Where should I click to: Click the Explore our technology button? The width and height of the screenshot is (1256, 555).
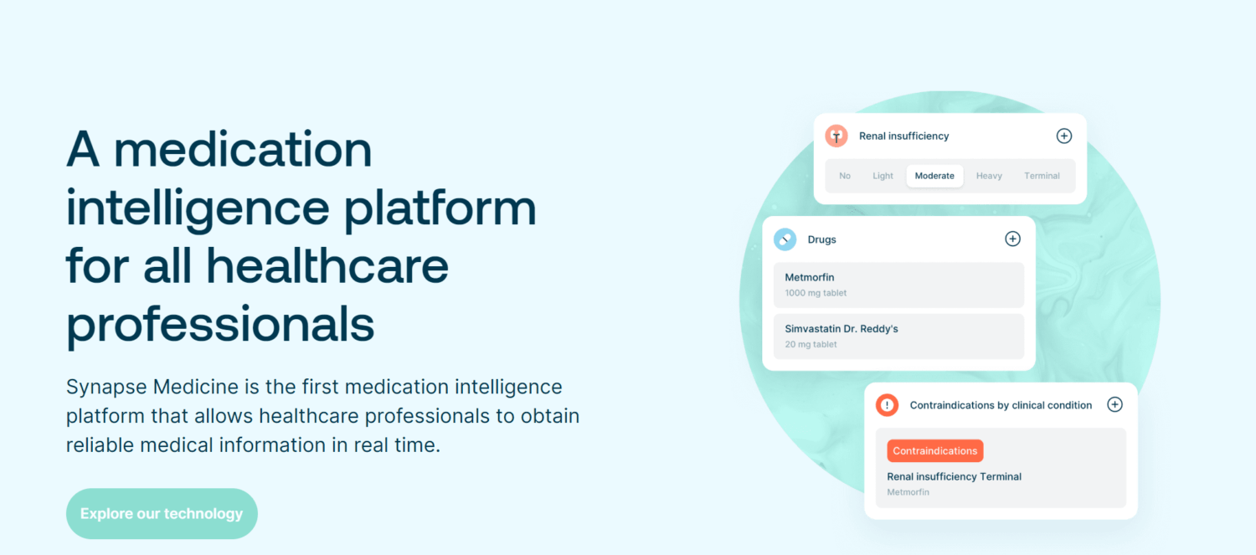pos(162,513)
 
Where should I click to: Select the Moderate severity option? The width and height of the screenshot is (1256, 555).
pos(934,176)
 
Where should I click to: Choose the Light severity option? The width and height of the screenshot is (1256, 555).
pos(883,176)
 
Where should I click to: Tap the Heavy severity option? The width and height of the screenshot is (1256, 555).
pos(989,176)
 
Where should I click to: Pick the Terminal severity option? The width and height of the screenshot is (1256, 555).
pos(1042,176)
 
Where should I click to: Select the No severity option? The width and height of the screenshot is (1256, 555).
pos(844,176)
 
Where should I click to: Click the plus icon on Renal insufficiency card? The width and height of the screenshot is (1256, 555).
pos(1063,136)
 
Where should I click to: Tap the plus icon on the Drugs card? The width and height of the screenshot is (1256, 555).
pos(1012,239)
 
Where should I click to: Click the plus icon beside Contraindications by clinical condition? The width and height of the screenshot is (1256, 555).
pos(1114,404)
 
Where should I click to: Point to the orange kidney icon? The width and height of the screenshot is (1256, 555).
pos(836,136)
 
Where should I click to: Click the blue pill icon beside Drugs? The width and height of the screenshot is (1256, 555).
pos(785,239)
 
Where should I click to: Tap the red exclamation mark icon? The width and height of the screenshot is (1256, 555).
pos(887,405)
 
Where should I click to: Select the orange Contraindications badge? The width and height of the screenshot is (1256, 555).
pos(934,450)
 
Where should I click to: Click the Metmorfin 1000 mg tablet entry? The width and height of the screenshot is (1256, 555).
pos(898,285)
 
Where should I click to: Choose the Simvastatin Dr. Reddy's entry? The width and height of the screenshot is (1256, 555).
pos(898,336)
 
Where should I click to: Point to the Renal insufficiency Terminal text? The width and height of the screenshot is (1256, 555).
pos(954,476)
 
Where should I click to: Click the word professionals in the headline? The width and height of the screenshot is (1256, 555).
pos(219,326)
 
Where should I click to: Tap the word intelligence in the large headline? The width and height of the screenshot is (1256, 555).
pos(198,208)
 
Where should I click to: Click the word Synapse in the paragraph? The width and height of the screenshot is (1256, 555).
pos(106,388)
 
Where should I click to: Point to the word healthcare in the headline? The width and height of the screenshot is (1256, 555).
pos(327,265)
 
